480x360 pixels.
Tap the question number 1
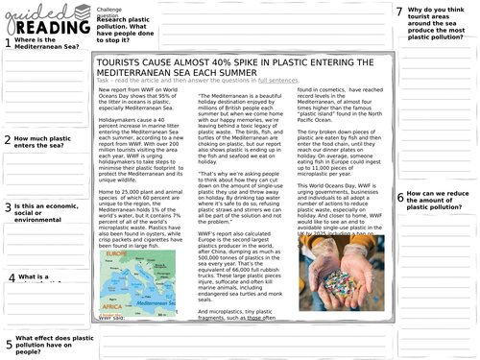[x=7, y=43]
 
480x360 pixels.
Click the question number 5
[x=8, y=345]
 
